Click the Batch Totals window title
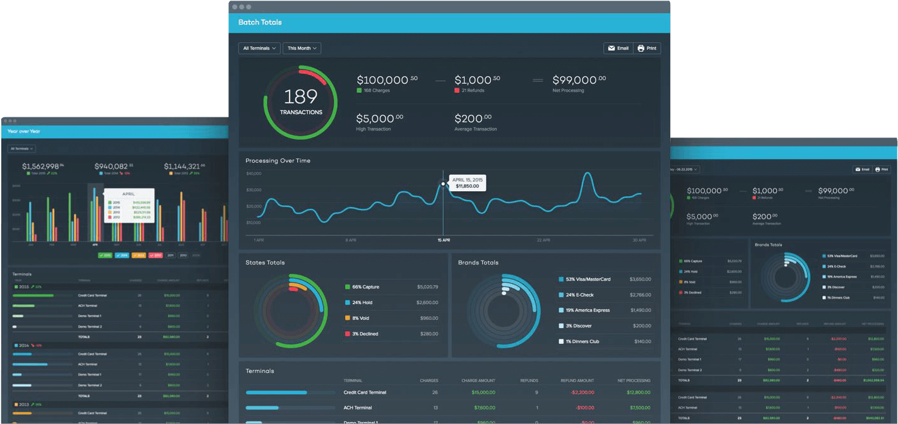[260, 23]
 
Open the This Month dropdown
[302, 48]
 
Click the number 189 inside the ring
[300, 97]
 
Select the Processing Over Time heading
[278, 161]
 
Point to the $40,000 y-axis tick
[254, 174]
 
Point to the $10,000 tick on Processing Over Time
[254, 223]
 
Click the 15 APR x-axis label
[443, 240]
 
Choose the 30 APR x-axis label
[639, 240]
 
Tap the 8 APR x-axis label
[352, 240]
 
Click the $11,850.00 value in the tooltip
[468, 186]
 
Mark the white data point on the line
[443, 184]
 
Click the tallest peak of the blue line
[588, 174]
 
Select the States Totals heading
[265, 262]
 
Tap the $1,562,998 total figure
[40, 167]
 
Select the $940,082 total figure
[111, 167]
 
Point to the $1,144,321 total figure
[182, 167]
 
